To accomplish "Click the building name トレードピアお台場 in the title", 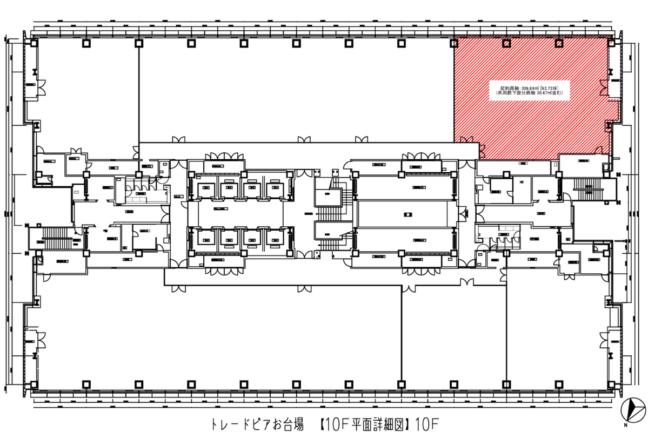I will point(257,423).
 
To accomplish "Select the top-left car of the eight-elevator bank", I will point(207,189).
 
